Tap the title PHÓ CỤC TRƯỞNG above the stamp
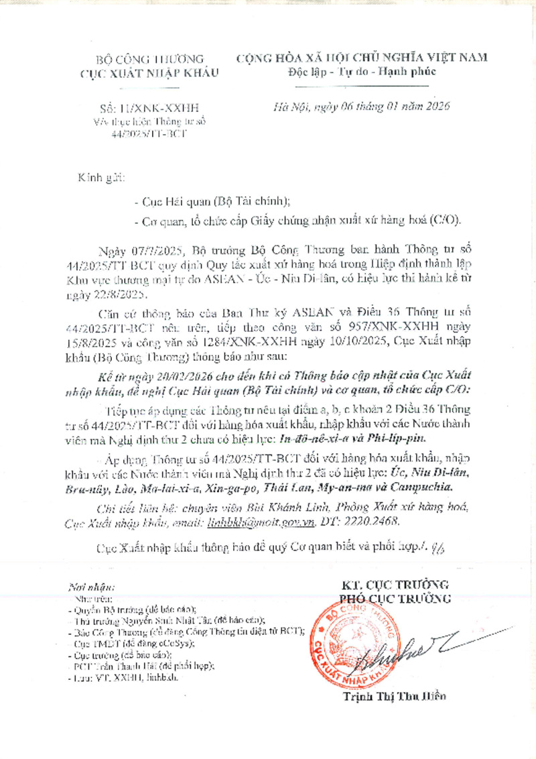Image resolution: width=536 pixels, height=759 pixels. (395, 598)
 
